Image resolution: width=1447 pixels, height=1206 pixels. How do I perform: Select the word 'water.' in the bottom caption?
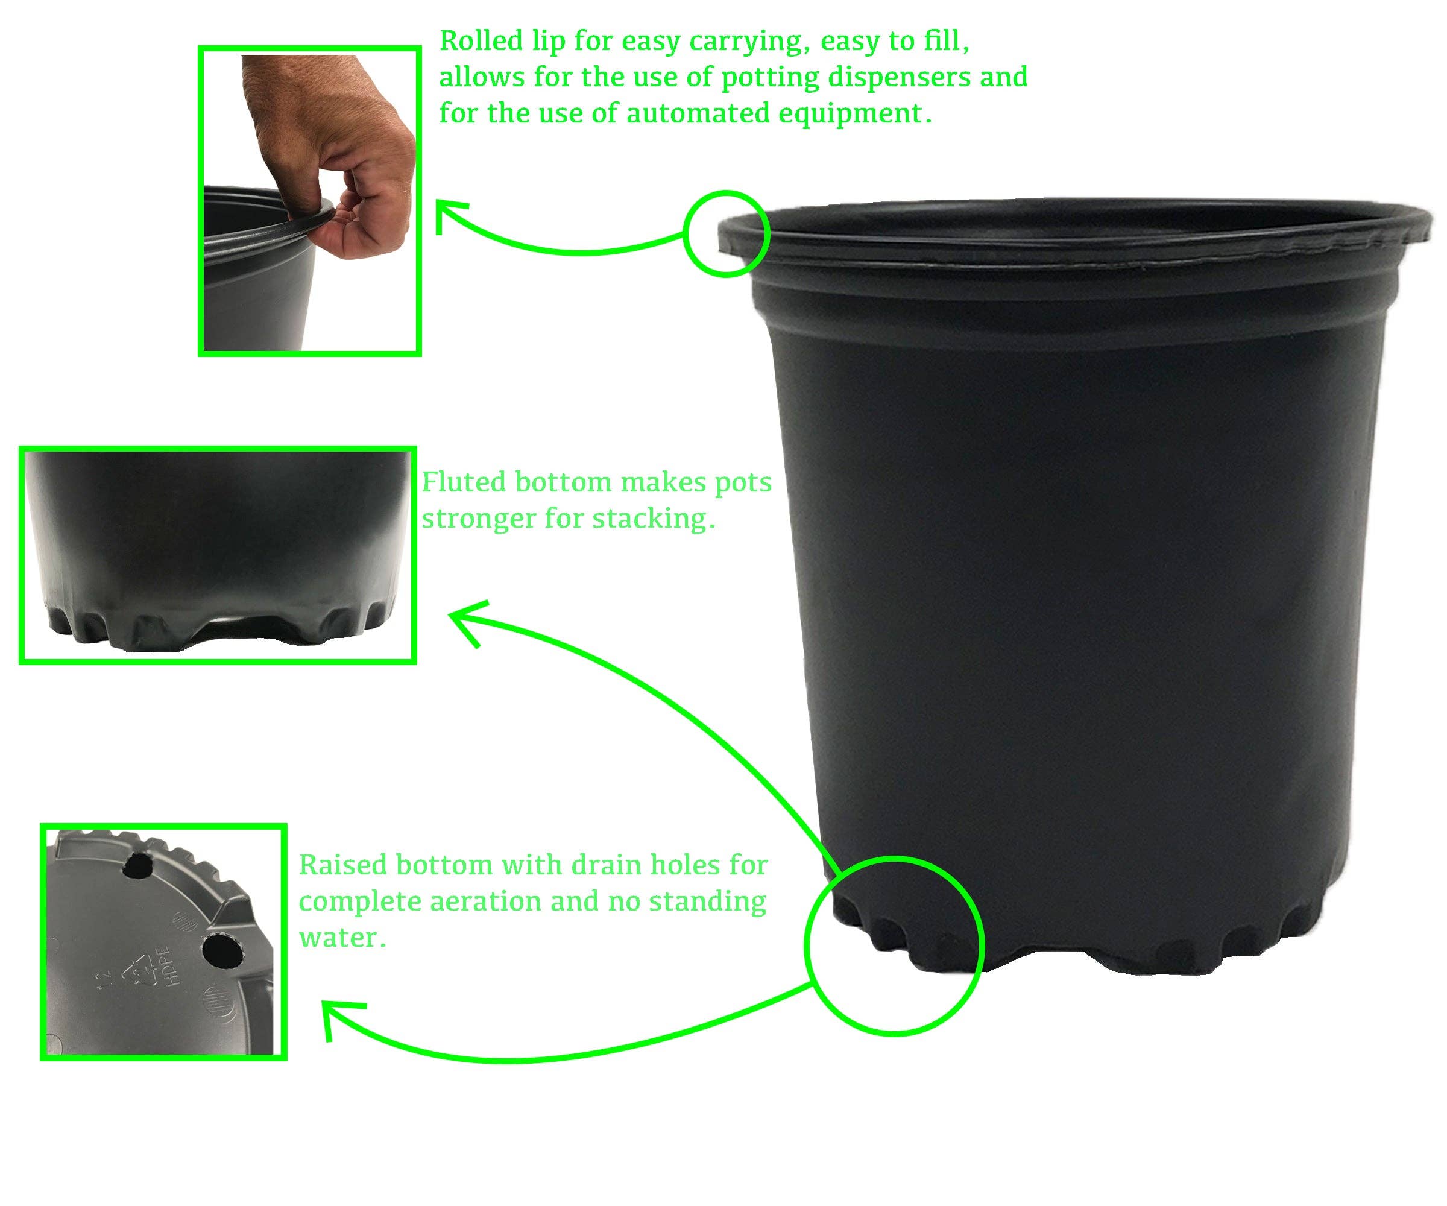tap(342, 937)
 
